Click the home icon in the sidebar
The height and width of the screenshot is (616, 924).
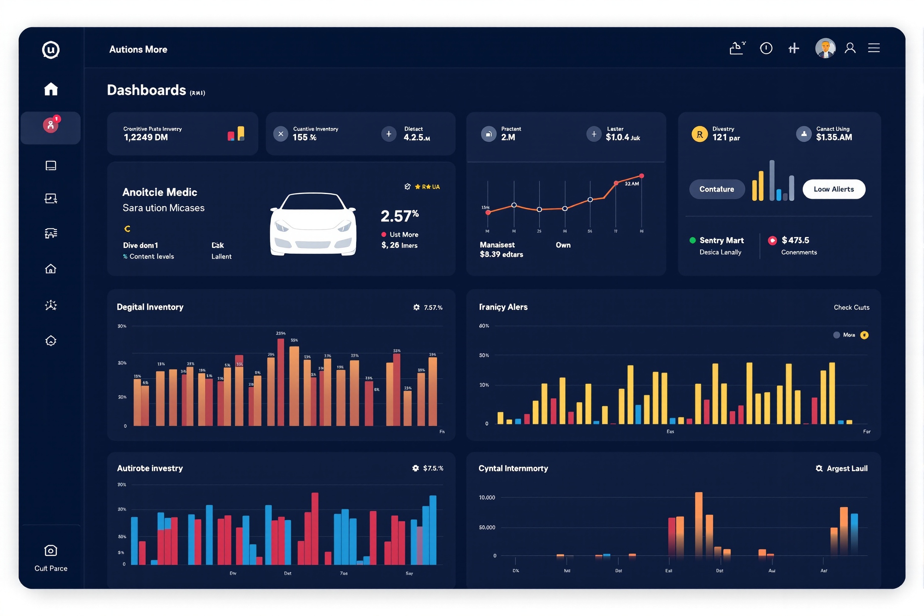click(51, 89)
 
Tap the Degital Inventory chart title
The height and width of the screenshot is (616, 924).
click(150, 307)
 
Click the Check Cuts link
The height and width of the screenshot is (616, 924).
click(851, 308)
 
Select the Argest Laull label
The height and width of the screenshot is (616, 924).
click(847, 469)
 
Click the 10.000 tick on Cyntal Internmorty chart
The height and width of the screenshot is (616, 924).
click(487, 498)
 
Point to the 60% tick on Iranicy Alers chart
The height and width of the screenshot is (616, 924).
click(484, 326)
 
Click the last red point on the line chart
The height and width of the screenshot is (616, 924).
click(642, 176)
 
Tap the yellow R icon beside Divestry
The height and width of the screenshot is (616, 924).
click(699, 134)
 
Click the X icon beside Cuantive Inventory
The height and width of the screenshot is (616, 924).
click(281, 134)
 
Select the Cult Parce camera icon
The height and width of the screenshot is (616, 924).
click(51, 551)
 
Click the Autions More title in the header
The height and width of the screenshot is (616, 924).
click(138, 50)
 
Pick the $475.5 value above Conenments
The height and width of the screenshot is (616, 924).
click(795, 240)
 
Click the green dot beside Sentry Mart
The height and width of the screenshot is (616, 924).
click(693, 240)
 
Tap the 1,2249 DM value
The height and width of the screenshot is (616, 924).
click(146, 137)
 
